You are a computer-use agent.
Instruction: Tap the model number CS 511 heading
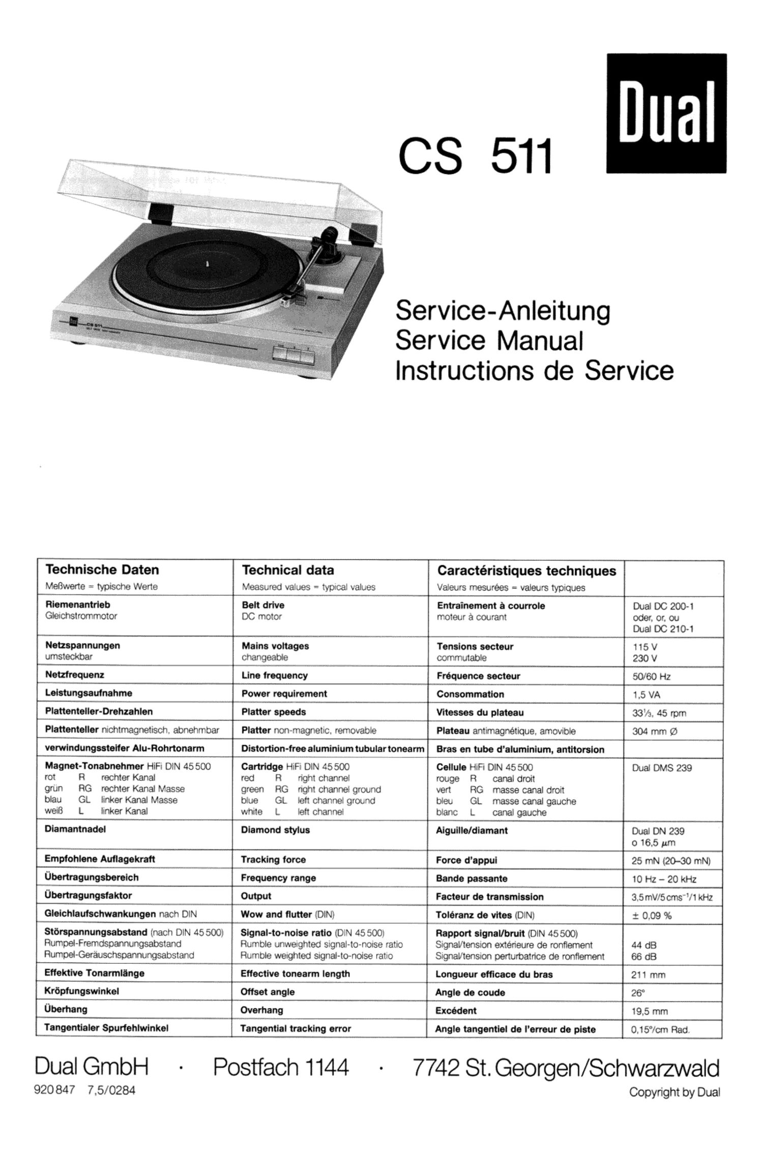pyautogui.click(x=475, y=156)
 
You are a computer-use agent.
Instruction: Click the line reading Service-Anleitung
pyautogui.click(x=503, y=311)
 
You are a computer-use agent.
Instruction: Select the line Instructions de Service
pyautogui.click(x=534, y=371)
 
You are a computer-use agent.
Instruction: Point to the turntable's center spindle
pyautogui.click(x=209, y=263)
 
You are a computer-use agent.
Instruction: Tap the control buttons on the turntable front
pyautogui.click(x=294, y=353)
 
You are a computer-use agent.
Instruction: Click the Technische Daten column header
pyautogui.click(x=102, y=569)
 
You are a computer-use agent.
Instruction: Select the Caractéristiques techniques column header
pyautogui.click(x=526, y=570)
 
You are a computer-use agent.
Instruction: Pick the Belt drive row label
pyautogui.click(x=263, y=605)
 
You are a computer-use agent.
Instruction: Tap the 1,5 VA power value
pyautogui.click(x=647, y=695)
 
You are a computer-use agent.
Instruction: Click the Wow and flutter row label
pyautogui.click(x=276, y=914)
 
